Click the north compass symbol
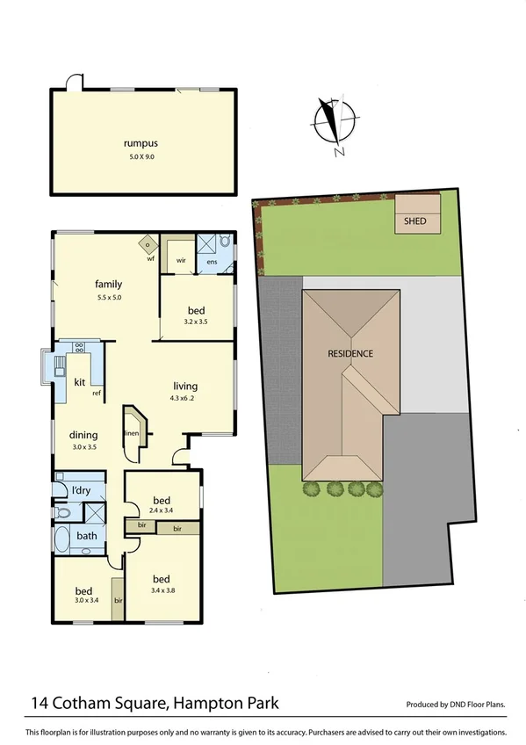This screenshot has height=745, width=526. (334, 121)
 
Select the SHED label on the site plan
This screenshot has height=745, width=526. (414, 221)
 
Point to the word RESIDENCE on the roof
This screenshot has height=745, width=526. (350, 354)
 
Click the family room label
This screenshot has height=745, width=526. (108, 284)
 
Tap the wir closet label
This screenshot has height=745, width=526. (181, 260)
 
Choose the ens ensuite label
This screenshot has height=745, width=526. (211, 261)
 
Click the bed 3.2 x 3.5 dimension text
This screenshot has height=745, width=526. (198, 322)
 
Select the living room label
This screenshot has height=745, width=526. (185, 386)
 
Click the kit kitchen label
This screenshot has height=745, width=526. (79, 382)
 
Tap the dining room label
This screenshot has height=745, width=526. (84, 434)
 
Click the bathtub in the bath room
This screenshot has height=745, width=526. (63, 538)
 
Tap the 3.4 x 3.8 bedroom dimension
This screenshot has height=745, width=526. (161, 591)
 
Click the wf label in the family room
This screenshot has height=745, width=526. (150, 258)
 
